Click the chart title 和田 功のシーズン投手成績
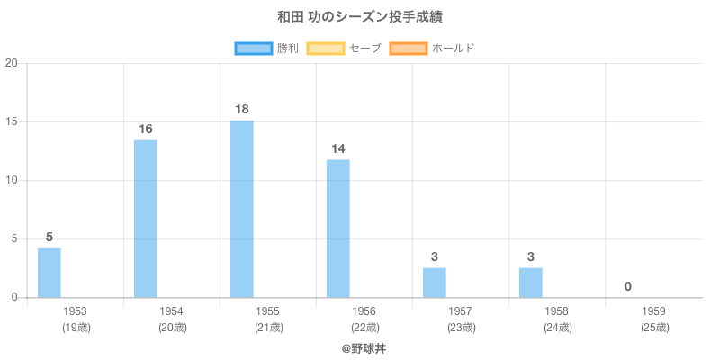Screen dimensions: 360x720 359,17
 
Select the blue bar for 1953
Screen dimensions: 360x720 49,273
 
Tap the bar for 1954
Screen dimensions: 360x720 146,219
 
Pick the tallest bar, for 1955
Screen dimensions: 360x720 242,209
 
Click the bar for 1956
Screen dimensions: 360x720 338,229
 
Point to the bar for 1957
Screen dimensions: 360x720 435,283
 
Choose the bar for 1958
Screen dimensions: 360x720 531,283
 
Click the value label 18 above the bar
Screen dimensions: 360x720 242,110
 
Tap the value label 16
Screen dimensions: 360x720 146,130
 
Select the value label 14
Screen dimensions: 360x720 338,148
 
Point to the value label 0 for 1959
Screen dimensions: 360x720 627,286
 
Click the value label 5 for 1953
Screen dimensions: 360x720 49,237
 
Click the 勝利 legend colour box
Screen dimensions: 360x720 254,48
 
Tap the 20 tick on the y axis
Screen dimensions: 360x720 12,63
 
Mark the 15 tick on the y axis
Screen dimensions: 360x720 12,121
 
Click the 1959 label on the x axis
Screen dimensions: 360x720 654,311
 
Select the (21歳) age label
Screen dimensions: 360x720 268,328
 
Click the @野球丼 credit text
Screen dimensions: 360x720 364,347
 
